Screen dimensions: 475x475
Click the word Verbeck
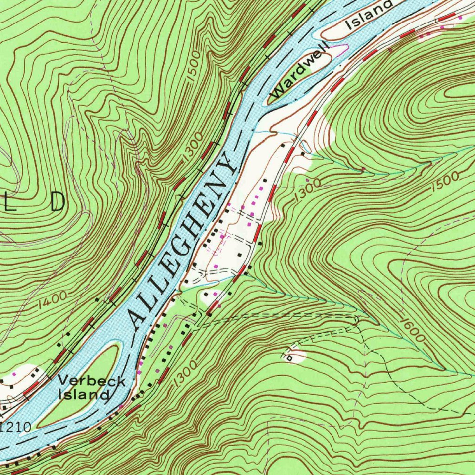(x=91, y=381)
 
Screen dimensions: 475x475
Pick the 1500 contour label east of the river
(x=445, y=182)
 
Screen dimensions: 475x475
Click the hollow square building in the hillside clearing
(x=290, y=358)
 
